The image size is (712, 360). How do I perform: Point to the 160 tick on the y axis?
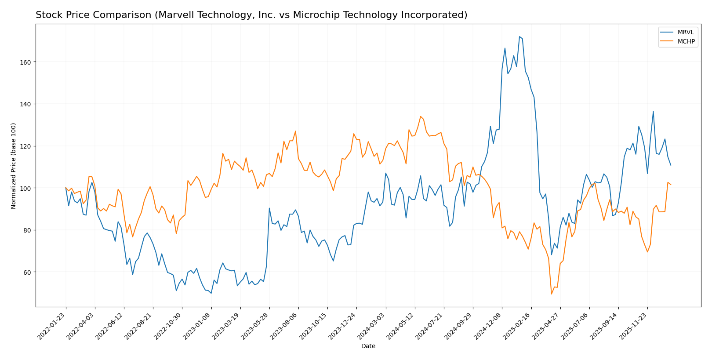[26, 62]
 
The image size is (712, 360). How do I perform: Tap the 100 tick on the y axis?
[26, 188]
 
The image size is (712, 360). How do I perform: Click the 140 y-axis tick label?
[26, 104]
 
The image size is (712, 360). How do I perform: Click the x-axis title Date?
[368, 346]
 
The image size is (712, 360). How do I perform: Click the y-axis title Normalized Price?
[14, 166]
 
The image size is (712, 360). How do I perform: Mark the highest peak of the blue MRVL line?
[519, 36]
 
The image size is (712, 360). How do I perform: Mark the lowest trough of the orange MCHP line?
[551, 294]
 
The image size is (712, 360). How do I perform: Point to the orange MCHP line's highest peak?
[421, 116]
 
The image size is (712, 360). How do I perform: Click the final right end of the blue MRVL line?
[671, 165]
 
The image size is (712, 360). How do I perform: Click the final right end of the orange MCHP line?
[671, 185]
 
